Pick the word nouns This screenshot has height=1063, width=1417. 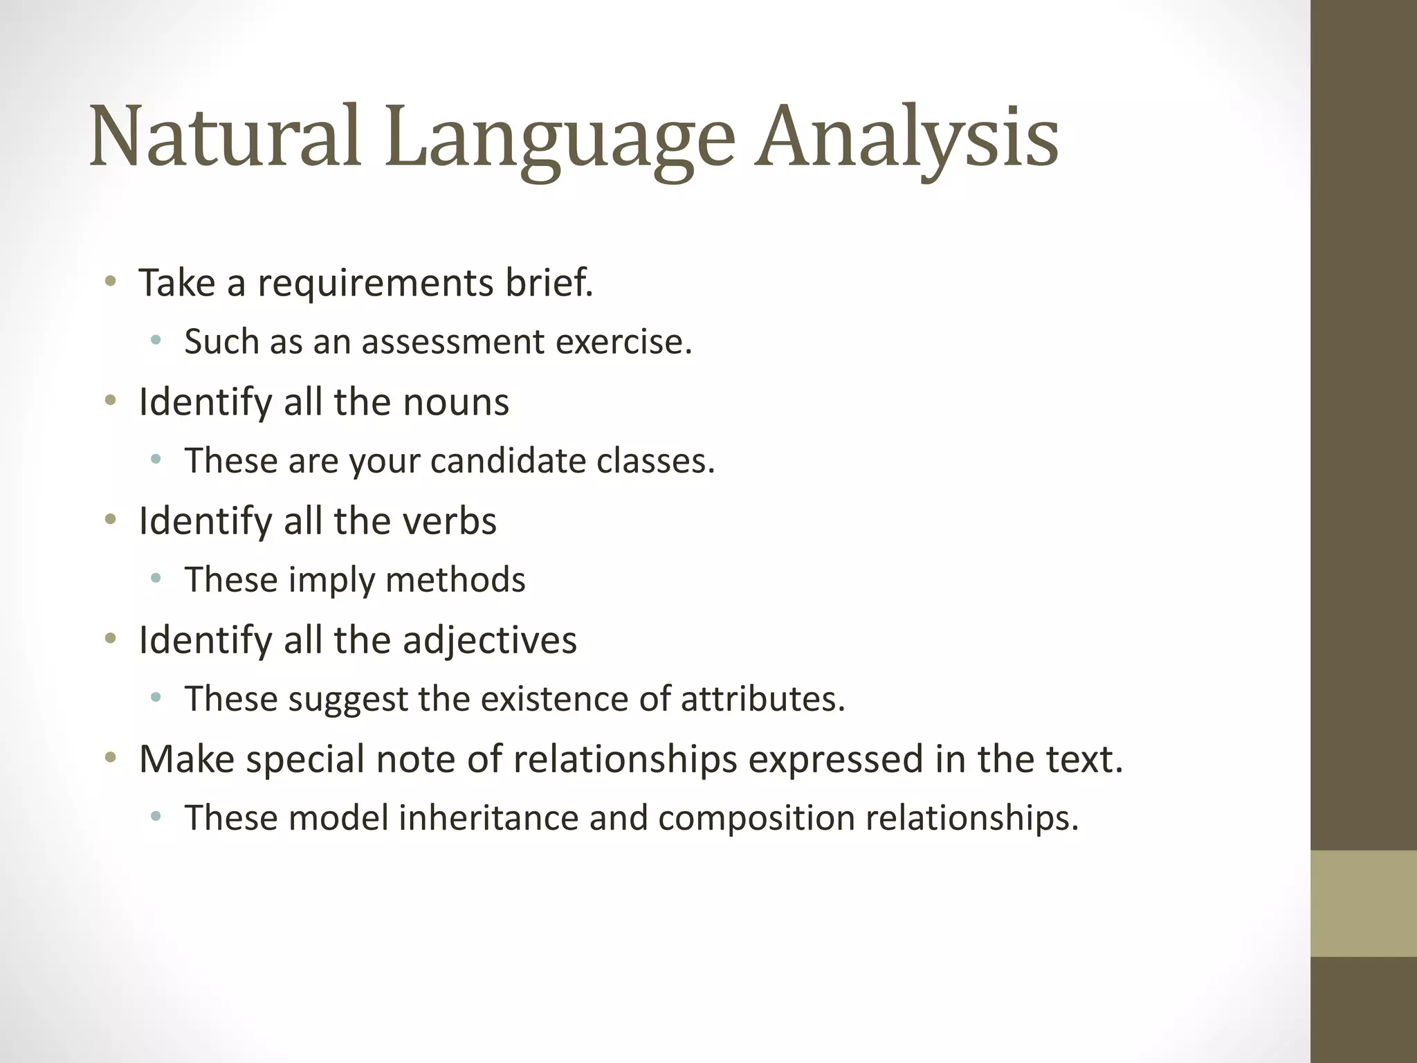[x=456, y=402]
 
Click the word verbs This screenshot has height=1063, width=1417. [x=450, y=521]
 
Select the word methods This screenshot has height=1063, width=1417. [x=455, y=580]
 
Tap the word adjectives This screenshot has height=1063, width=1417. [x=490, y=640]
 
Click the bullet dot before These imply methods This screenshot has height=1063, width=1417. [x=156, y=579]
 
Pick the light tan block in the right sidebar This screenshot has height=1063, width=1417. [x=1363, y=903]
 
